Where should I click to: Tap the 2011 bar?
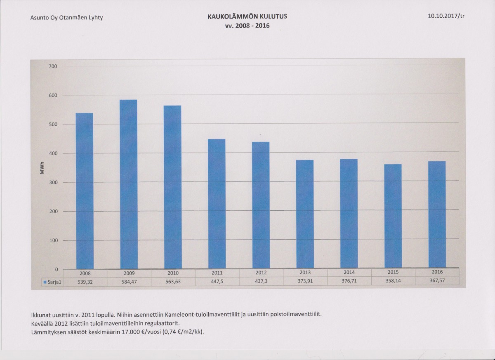(x=217, y=204)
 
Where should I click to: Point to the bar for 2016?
(x=437, y=215)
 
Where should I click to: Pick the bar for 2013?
(x=305, y=214)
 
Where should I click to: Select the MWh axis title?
(x=42, y=169)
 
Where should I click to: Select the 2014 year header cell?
(x=349, y=272)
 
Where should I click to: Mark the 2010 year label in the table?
(x=173, y=273)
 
